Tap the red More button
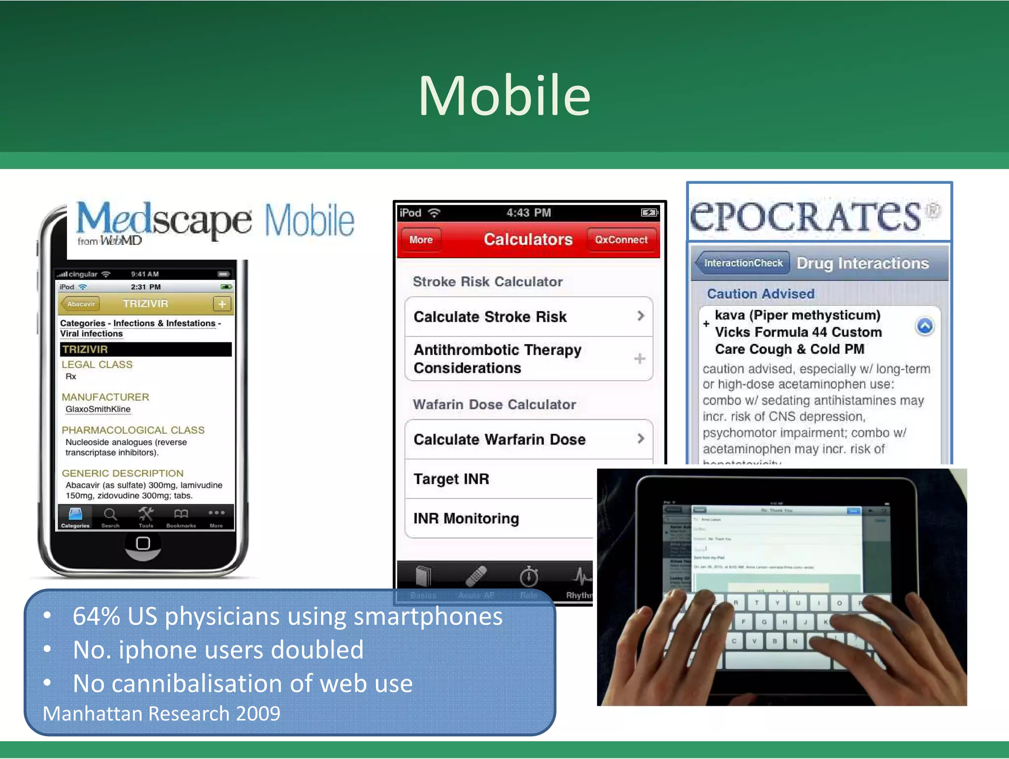(x=421, y=240)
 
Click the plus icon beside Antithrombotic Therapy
(x=639, y=359)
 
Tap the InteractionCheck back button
(x=742, y=263)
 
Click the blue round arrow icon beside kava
(x=925, y=326)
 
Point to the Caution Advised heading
(x=761, y=294)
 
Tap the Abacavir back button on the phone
(x=80, y=304)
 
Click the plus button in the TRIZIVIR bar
(x=222, y=304)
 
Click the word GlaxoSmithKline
(x=98, y=409)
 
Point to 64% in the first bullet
(x=96, y=617)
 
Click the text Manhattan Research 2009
(x=162, y=714)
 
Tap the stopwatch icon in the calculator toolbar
(x=529, y=577)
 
